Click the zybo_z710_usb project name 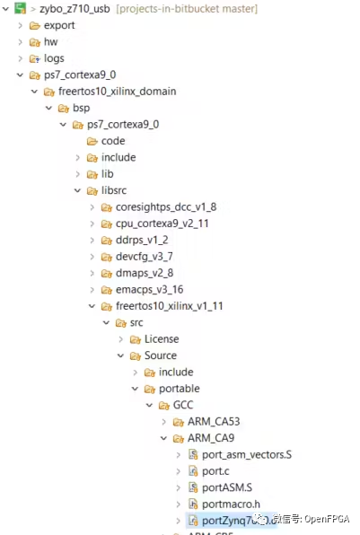75,8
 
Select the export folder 59,25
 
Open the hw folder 51,42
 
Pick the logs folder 54,58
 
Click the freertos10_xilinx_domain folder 117,92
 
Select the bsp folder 81,108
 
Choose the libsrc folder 116,190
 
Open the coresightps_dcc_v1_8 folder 165,207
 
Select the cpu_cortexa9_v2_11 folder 162,224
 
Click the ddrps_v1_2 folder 142,240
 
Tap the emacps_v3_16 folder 149,289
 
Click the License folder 161,338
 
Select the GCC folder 185,405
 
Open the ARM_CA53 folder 214,421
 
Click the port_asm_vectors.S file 247,455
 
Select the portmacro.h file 232,504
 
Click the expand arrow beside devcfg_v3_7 92,257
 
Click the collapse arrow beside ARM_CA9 163,438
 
